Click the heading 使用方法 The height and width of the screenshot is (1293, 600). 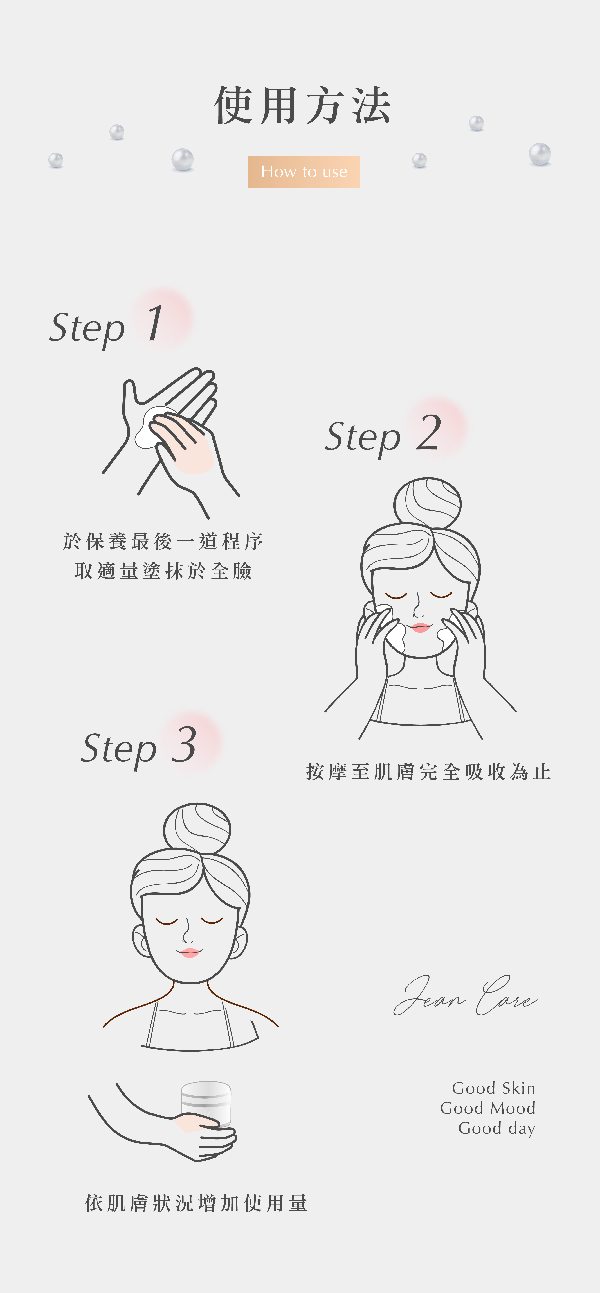pyautogui.click(x=302, y=105)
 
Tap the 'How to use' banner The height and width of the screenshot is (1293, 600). pyautogui.click(x=304, y=172)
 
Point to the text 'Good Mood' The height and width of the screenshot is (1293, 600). pyautogui.click(x=487, y=1108)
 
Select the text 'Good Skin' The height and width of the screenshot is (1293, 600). pyautogui.click(x=494, y=1088)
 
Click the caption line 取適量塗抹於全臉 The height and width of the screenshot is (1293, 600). pyautogui.click(x=163, y=571)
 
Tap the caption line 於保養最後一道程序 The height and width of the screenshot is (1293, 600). pyautogui.click(x=163, y=541)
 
